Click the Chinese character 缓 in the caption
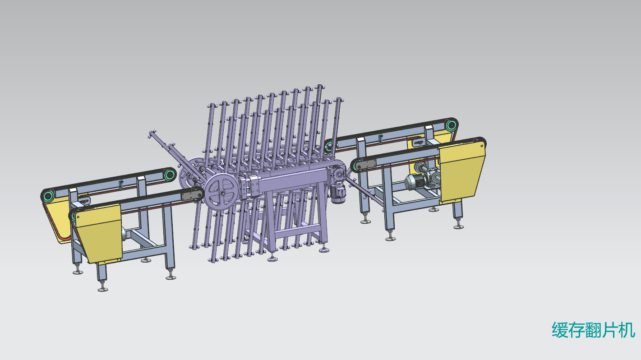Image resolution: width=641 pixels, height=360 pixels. coord(560,330)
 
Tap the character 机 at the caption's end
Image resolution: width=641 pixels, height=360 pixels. coord(627,330)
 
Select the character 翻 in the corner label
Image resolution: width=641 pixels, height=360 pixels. coord(594,330)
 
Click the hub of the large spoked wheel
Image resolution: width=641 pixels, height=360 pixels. coord(222,193)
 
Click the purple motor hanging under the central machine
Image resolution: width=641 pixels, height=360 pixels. coord(338,194)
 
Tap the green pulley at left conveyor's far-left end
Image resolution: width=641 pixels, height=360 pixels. coord(48,196)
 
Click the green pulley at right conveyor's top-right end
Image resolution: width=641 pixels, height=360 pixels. coord(451,125)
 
